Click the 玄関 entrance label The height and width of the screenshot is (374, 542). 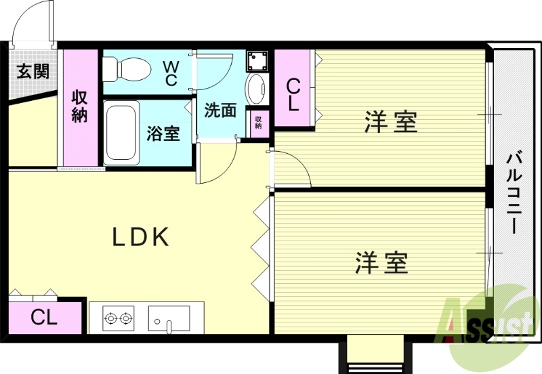tap(33, 71)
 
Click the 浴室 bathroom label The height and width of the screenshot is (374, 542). tap(163, 133)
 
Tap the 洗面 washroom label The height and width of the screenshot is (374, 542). tap(220, 110)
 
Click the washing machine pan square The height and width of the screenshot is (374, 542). tap(257, 60)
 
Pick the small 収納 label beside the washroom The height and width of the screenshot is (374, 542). tap(258, 122)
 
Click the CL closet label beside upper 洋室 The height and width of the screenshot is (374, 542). tap(293, 95)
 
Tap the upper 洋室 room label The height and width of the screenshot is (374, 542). tap(390, 123)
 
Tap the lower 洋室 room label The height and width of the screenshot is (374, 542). tap(382, 262)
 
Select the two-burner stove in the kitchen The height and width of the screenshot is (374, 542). tap(117, 317)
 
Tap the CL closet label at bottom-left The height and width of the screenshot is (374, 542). tap(44, 317)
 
